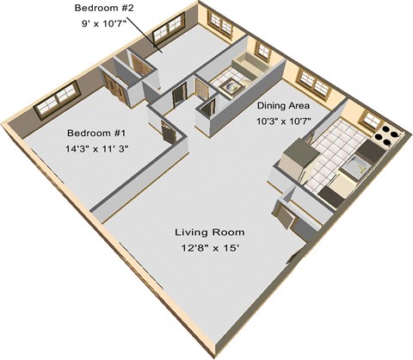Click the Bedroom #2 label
[104, 8]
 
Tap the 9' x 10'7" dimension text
[104, 23]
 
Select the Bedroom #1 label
[96, 133]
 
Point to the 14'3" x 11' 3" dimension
[96, 149]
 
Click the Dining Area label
[283, 106]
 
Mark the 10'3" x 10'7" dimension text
[283, 121]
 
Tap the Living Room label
[210, 232]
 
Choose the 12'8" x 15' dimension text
[210, 248]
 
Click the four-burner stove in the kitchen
[388, 136]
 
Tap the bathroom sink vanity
[231, 88]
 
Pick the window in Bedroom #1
[57, 100]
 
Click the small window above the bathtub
[263, 52]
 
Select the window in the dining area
[314, 84]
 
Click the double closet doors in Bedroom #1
[114, 87]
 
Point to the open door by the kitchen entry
[284, 215]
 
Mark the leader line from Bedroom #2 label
[141, 32]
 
